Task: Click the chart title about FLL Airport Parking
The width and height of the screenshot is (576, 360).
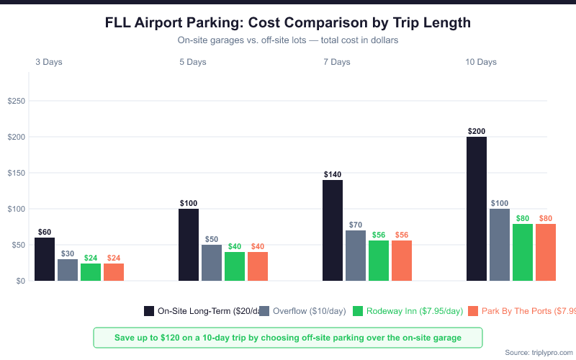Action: click(x=287, y=23)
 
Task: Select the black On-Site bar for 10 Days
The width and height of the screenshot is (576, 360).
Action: click(x=477, y=209)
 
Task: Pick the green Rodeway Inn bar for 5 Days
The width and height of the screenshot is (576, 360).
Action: click(x=235, y=266)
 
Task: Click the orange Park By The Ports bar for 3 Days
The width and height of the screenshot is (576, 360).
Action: click(x=114, y=272)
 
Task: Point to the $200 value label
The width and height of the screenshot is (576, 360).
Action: click(x=476, y=131)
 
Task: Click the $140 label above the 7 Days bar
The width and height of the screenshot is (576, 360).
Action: click(x=333, y=174)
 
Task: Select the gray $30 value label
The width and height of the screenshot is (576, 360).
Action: click(x=68, y=253)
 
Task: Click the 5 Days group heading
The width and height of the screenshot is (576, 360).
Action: click(x=193, y=62)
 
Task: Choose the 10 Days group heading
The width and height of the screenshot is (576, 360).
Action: click(x=481, y=62)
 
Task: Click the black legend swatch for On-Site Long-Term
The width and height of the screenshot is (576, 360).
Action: click(x=149, y=311)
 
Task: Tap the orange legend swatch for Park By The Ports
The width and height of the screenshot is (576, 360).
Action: click(x=473, y=311)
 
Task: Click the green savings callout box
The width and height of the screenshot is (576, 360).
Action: click(x=287, y=338)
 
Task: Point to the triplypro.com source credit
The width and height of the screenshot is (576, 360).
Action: click(x=539, y=352)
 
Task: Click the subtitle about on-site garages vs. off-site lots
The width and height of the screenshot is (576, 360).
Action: click(x=287, y=40)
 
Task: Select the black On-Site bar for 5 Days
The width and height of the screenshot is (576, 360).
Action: click(x=189, y=245)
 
